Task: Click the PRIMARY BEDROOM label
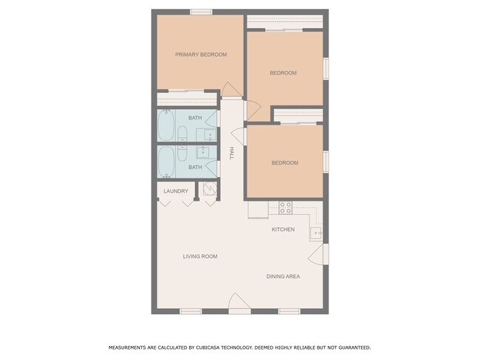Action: coord(201,55)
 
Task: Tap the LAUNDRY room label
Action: coord(176,191)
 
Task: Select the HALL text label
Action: coord(231,153)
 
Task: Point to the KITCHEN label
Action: coord(283,229)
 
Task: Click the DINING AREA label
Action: coord(283,277)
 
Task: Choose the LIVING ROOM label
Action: coord(200,256)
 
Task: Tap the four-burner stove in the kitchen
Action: coord(285,208)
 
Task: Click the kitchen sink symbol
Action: coord(315,233)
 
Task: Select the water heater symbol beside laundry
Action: coord(210,189)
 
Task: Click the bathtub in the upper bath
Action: coord(166,125)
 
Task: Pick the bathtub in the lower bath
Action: coord(166,162)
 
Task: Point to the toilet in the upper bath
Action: coord(182,134)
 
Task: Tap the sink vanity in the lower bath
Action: coord(202,152)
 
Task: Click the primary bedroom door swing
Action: coord(231,89)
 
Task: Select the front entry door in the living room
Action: coord(239,303)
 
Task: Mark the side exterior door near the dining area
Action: coord(318,254)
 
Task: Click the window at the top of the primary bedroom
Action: coord(201,12)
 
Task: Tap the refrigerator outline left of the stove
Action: coord(258,210)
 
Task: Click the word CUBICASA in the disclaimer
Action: coord(208,347)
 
